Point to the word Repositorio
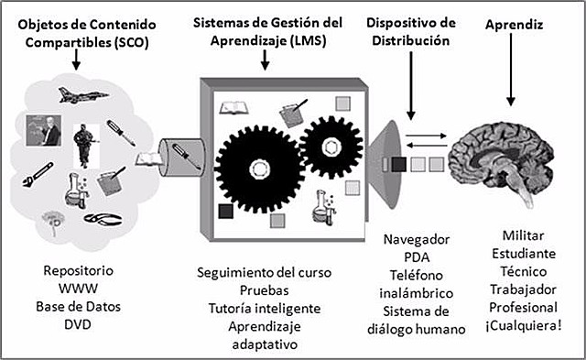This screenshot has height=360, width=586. tap(78, 272)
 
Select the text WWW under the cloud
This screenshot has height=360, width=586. tap(78, 289)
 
